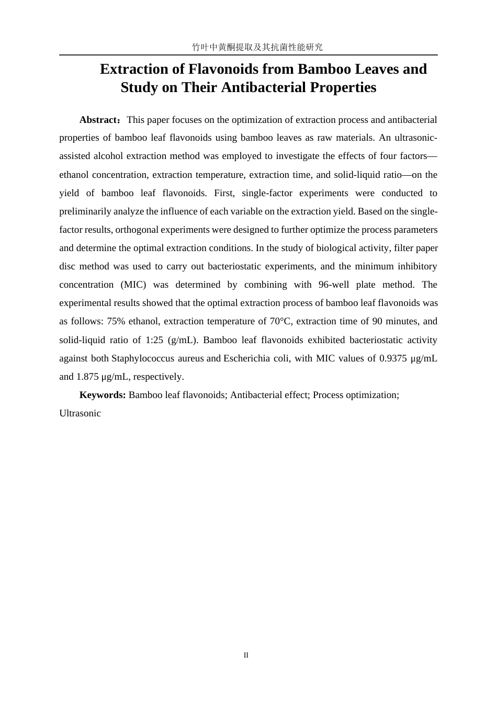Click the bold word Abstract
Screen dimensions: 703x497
(x=99, y=120)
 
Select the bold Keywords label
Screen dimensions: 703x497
(x=102, y=395)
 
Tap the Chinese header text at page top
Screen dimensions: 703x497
(x=257, y=47)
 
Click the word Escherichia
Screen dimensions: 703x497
(x=247, y=358)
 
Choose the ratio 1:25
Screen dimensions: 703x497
(x=154, y=340)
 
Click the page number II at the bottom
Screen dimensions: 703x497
(x=246, y=655)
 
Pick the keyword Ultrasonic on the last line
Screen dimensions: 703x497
(x=80, y=413)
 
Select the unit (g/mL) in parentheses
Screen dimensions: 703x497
(x=183, y=340)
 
